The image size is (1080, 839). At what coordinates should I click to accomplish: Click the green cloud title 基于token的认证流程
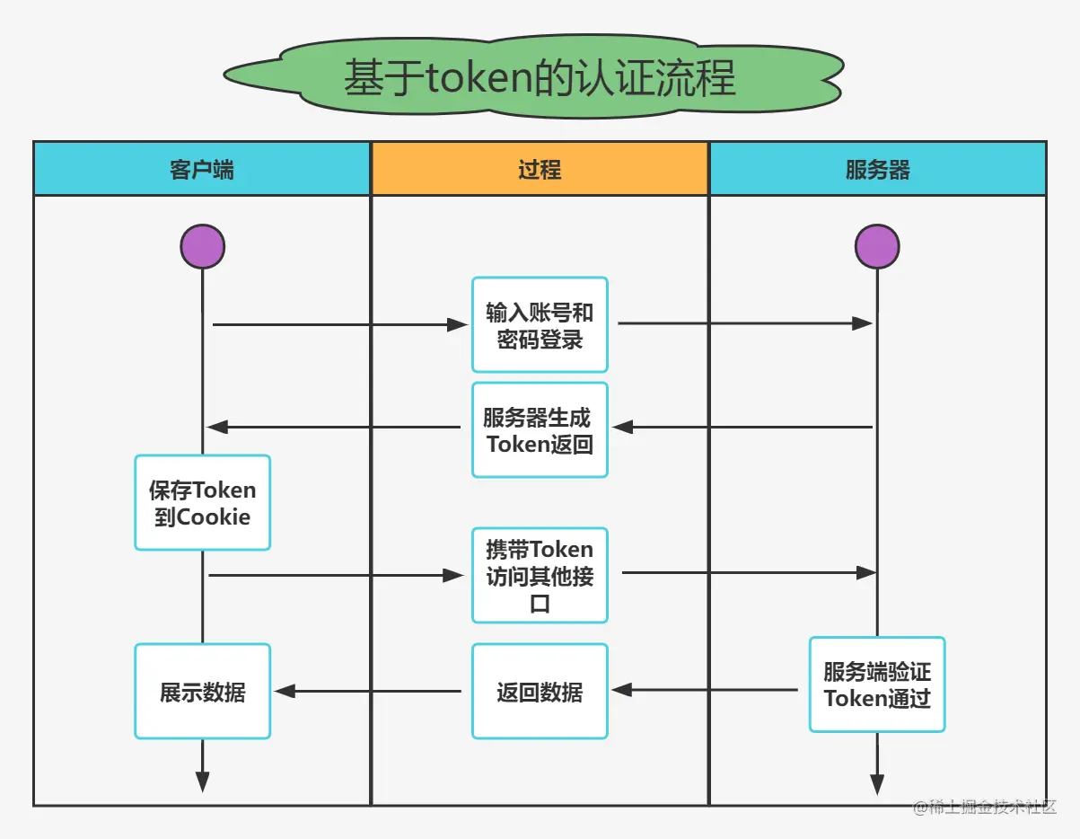point(539,79)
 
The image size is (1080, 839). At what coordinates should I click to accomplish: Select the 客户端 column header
point(202,169)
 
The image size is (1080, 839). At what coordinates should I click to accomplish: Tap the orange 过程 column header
point(540,169)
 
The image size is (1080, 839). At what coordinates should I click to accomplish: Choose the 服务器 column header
point(877,169)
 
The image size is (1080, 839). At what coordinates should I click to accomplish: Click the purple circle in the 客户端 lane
point(202,246)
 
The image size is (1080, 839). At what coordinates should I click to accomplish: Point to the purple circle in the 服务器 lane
point(877,246)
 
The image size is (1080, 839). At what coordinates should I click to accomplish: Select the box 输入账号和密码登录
point(540,325)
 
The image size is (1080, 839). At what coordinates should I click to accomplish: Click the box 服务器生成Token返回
point(540,430)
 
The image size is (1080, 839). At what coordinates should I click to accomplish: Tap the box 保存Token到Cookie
point(202,503)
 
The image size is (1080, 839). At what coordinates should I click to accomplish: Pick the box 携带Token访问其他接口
point(540,575)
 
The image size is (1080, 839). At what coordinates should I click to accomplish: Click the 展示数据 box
point(202,692)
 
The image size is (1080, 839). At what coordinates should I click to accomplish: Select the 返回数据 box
point(540,692)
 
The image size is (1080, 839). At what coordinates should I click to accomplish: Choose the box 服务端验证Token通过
point(877,684)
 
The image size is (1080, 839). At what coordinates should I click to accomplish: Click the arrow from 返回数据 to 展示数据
point(368,691)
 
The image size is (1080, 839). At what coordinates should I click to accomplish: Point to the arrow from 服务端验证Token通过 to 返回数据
point(705,690)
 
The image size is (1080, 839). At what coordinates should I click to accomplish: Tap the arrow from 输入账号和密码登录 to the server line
point(745,323)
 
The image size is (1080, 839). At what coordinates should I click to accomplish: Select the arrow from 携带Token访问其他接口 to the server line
point(749,572)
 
